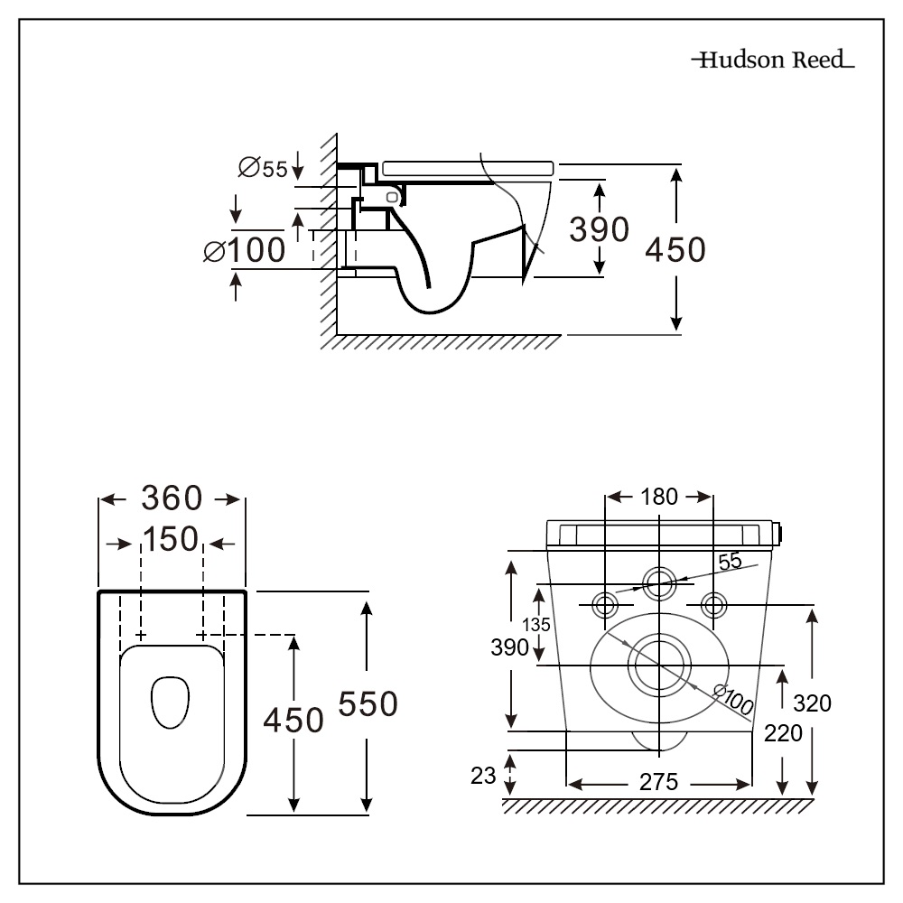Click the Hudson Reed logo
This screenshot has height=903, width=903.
click(772, 61)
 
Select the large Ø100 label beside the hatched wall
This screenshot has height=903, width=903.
click(245, 250)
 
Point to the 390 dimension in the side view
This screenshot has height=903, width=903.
click(599, 230)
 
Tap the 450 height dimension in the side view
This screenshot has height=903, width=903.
click(675, 249)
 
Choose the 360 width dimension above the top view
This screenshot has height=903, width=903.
click(172, 498)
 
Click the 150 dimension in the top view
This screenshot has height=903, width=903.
click(171, 540)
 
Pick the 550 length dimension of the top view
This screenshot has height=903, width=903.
click(367, 703)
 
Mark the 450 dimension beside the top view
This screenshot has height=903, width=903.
click(293, 721)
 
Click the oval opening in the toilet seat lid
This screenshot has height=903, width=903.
click(169, 702)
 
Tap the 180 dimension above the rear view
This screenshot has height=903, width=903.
click(659, 497)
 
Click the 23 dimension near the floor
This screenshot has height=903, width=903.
click(484, 775)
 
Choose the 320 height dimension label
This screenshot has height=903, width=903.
click(813, 703)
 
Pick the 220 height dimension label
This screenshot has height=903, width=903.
click(783, 733)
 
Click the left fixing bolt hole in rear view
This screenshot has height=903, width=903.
click(604, 603)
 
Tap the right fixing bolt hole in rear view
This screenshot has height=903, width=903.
click(713, 603)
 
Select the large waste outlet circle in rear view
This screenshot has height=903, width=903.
click(660, 665)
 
